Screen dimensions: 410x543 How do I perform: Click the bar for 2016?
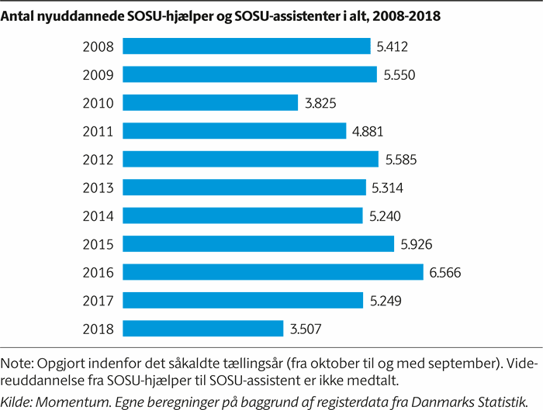[x=273, y=272]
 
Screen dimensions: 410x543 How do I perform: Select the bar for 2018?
[x=202, y=329]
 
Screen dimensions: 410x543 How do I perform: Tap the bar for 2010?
[x=210, y=103]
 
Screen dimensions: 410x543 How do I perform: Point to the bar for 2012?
[x=251, y=160]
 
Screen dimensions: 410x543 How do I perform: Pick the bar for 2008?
[x=247, y=47]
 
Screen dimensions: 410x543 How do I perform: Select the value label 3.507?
[x=306, y=329]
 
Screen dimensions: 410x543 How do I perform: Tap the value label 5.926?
[x=416, y=244]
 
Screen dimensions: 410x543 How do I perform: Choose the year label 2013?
[x=98, y=188]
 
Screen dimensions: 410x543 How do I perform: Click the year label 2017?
[x=98, y=301]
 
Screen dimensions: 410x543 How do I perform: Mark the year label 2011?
[x=98, y=132]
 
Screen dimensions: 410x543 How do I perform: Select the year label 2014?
[x=98, y=216]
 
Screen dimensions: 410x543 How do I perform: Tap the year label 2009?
[x=98, y=75]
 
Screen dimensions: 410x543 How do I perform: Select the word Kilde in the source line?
[x=16, y=398]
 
